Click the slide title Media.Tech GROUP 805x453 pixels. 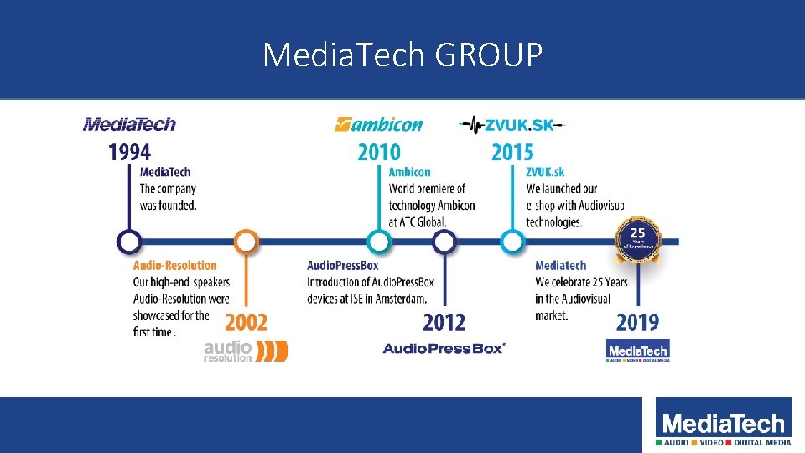[x=402, y=55]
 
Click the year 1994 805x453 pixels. [x=129, y=153]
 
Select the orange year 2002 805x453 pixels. [x=246, y=322]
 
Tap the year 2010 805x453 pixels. [x=379, y=153]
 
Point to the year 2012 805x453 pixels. [x=444, y=322]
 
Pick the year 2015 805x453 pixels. [x=512, y=153]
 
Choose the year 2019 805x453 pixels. [x=637, y=322]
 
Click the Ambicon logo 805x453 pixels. [x=379, y=125]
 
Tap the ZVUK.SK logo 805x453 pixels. [x=512, y=125]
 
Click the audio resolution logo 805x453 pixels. [x=246, y=350]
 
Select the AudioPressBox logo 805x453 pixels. [x=444, y=348]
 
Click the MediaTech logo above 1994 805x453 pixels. [x=129, y=124]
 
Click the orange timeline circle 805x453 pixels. [x=246, y=242]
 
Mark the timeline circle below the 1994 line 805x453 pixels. [x=128, y=242]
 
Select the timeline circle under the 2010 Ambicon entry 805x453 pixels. [x=379, y=242]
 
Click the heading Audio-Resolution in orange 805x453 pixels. [x=174, y=266]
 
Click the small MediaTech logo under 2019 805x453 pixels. [x=637, y=350]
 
